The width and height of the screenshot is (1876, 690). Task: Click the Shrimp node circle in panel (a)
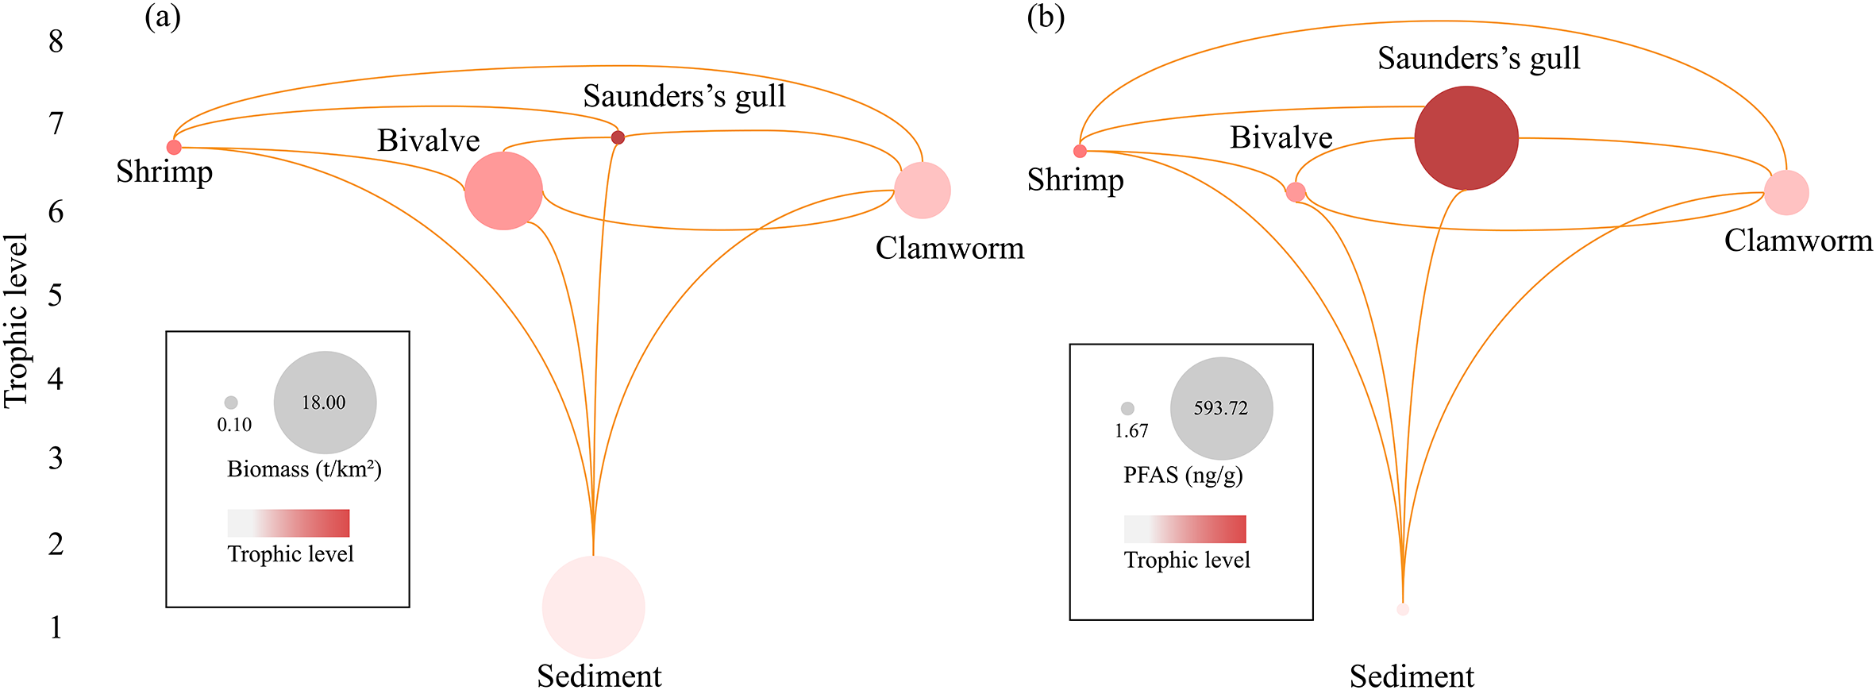tap(174, 147)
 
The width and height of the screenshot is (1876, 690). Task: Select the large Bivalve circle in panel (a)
tap(503, 191)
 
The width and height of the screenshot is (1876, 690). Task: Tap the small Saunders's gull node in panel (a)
tap(618, 137)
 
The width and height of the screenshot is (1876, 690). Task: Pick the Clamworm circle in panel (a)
tap(923, 191)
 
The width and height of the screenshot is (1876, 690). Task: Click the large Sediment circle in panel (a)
tap(593, 607)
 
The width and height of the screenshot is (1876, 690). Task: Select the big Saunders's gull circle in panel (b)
tap(1466, 138)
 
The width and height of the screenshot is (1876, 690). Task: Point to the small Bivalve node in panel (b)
tap(1295, 192)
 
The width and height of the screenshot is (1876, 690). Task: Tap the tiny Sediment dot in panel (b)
tap(1403, 609)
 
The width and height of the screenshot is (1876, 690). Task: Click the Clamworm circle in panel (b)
tap(1786, 192)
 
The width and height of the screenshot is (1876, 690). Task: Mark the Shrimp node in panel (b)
tap(1080, 151)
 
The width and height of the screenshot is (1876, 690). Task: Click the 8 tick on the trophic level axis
tap(56, 41)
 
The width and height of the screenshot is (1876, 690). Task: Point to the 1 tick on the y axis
tap(56, 627)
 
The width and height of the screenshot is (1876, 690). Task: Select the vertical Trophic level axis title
tap(16, 321)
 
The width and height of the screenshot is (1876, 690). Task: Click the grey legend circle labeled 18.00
tap(325, 403)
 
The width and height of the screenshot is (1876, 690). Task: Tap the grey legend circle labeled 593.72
tap(1221, 408)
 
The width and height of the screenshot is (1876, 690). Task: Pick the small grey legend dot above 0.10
tap(231, 403)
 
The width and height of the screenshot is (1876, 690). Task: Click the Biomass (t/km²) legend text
tap(304, 469)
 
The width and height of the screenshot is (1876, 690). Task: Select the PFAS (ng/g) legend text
tap(1183, 475)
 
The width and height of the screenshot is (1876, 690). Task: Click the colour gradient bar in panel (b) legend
tap(1185, 529)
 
